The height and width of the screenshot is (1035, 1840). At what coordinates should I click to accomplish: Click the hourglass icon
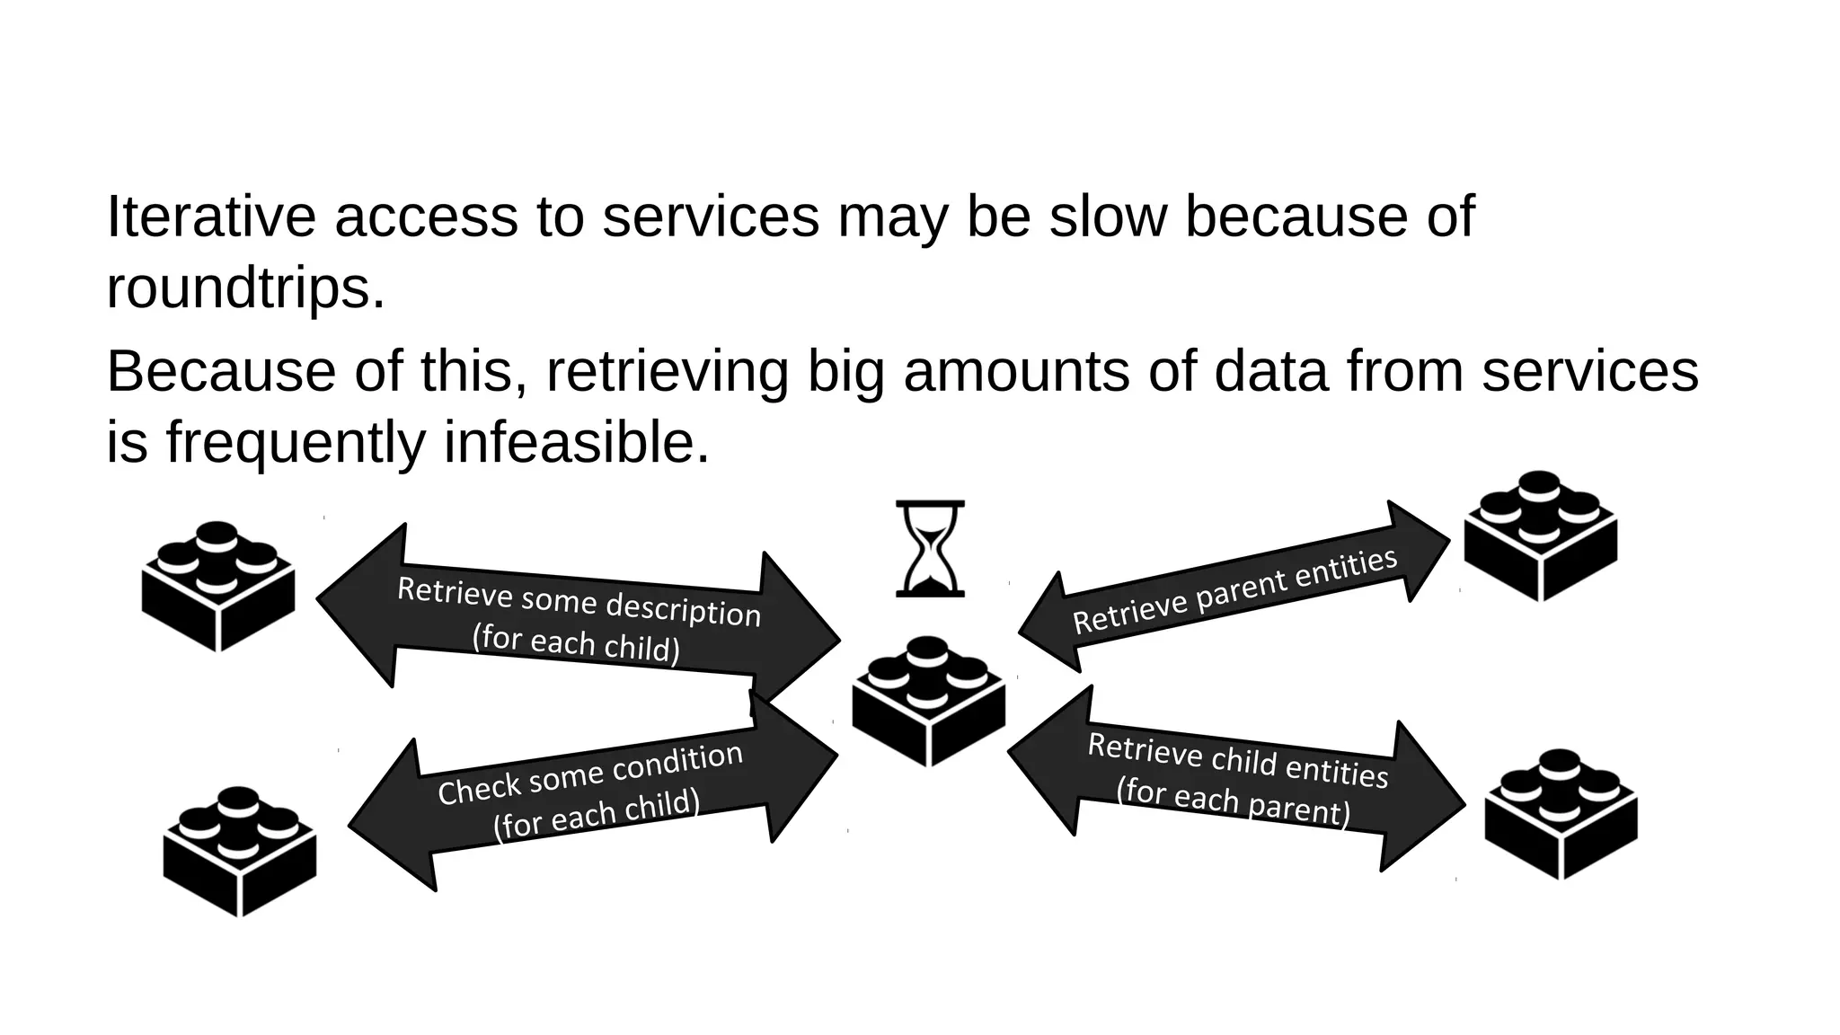[x=930, y=548]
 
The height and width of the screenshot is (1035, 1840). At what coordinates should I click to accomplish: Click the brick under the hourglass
[x=929, y=702]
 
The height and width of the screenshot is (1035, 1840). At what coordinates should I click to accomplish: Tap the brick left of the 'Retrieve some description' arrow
[x=218, y=587]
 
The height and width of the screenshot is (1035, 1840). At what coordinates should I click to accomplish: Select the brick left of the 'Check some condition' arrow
[x=240, y=852]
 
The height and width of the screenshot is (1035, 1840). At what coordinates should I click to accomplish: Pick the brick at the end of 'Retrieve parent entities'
[x=1541, y=536]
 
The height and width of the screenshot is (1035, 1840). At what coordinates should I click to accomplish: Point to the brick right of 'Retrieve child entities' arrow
[x=1561, y=814]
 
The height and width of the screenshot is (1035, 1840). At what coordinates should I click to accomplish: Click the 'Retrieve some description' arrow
[x=579, y=619]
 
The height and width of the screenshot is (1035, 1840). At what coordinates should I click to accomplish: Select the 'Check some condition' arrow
[x=593, y=792]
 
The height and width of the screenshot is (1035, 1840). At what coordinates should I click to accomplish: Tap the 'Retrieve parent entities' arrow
[x=1234, y=588]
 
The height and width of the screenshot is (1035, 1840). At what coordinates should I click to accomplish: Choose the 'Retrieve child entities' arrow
[x=1236, y=778]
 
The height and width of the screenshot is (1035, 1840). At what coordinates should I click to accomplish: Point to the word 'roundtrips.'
[x=245, y=288]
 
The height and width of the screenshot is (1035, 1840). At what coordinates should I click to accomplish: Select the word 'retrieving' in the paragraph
[x=667, y=371]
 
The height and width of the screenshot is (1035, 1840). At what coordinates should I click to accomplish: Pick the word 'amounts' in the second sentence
[x=1015, y=371]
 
